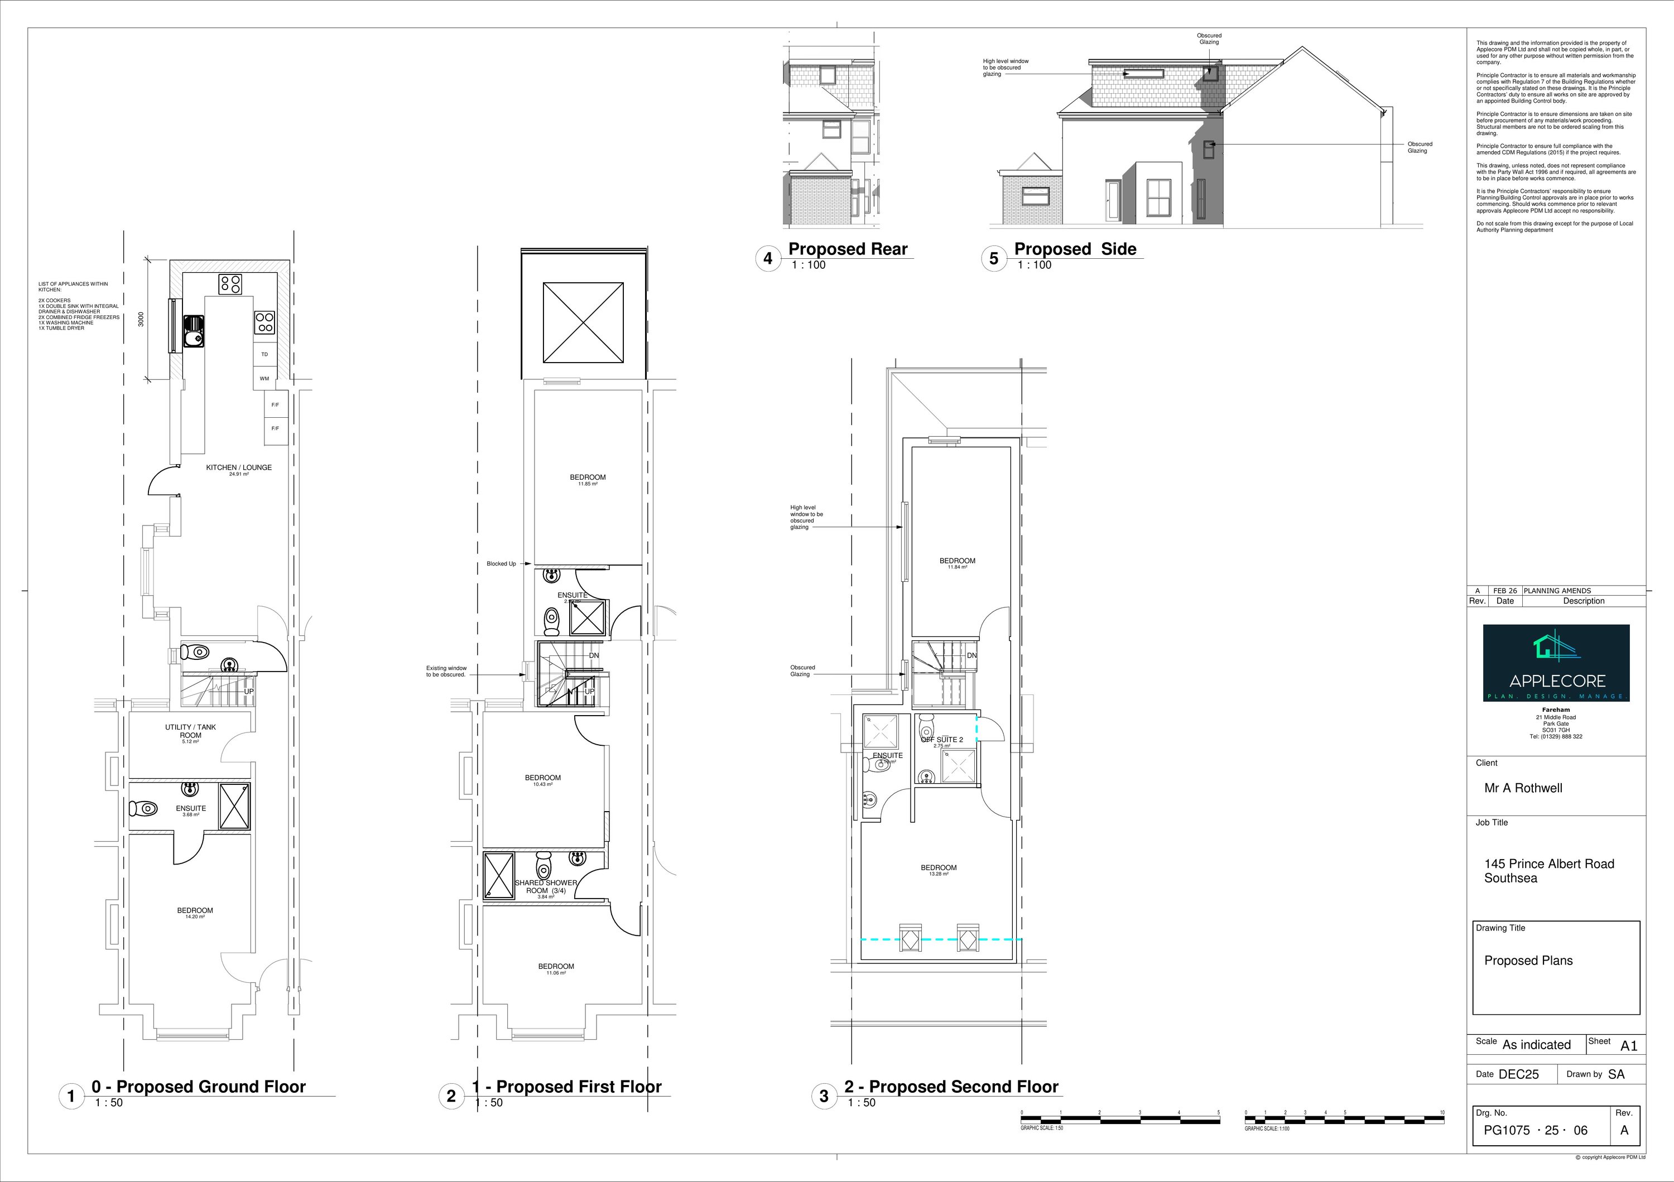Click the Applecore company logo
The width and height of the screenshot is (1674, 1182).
1556,663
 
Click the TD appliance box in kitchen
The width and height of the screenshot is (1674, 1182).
264,354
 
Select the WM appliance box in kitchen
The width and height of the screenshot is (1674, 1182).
264,378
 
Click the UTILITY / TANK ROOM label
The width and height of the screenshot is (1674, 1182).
190,731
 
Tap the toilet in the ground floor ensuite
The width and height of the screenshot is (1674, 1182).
143,808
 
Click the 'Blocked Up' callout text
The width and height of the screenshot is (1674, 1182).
501,563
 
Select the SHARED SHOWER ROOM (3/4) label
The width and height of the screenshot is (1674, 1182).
546,886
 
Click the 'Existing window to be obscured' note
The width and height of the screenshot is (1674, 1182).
446,671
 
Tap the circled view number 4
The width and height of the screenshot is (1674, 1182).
768,258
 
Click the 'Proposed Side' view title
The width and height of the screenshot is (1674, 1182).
1075,249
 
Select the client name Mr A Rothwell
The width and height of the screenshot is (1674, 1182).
1523,788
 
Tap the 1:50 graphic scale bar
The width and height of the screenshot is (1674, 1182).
1120,1120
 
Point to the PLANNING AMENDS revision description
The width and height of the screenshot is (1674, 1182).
1557,590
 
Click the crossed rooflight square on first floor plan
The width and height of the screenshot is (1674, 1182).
583,323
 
